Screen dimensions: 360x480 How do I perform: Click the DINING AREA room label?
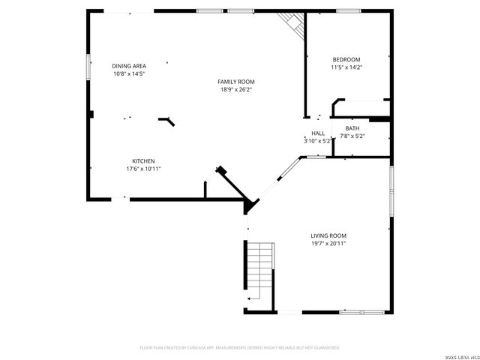pyautogui.click(x=128, y=66)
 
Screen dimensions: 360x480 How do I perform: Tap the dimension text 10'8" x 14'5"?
pyautogui.click(x=128, y=73)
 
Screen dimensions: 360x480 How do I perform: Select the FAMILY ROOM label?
pyautogui.click(x=236, y=82)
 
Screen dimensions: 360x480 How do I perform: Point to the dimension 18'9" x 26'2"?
pyautogui.click(x=236, y=89)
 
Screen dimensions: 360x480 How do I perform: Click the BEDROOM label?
pyautogui.click(x=346, y=60)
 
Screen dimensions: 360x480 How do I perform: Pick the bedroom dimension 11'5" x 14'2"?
pyautogui.click(x=346, y=67)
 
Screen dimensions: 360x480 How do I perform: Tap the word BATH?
pyautogui.click(x=352, y=128)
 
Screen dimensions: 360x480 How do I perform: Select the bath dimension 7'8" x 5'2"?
pyautogui.click(x=352, y=136)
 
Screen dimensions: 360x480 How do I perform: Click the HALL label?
pyautogui.click(x=318, y=133)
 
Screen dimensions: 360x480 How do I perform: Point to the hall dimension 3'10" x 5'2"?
pyautogui.click(x=317, y=140)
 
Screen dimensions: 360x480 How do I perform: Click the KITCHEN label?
pyautogui.click(x=143, y=161)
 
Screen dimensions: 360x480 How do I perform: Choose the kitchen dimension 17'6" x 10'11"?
pyautogui.click(x=143, y=169)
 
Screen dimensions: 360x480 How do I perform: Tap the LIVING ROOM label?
pyautogui.click(x=328, y=235)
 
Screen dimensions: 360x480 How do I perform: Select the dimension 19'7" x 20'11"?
pyautogui.click(x=328, y=243)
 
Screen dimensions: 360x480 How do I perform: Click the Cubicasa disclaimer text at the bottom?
pyautogui.click(x=240, y=348)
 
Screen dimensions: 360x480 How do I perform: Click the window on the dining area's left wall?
pyautogui.click(x=88, y=67)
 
